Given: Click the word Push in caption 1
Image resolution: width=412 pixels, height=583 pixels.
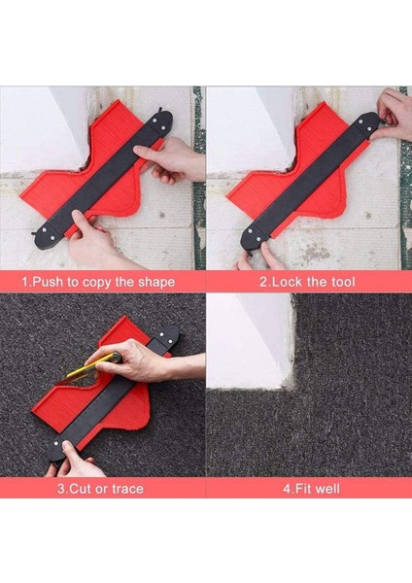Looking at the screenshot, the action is tap(49, 282).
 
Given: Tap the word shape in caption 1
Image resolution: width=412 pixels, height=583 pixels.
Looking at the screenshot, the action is tap(156, 282).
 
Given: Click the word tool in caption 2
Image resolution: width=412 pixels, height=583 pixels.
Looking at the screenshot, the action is tap(342, 282).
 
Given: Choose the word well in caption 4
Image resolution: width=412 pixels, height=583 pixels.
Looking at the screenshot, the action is tap(328, 488).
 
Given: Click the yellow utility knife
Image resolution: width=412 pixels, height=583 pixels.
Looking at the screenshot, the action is tap(90, 368).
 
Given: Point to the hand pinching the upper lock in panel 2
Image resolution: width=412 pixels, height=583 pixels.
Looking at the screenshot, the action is tap(393, 116).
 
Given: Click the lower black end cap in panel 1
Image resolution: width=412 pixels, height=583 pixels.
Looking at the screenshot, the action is tap(49, 235).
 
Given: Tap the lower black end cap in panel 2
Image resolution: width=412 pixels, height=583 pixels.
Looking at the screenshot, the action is tap(254, 237).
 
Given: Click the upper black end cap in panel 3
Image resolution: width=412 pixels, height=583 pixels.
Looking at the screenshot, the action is tap(166, 336).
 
